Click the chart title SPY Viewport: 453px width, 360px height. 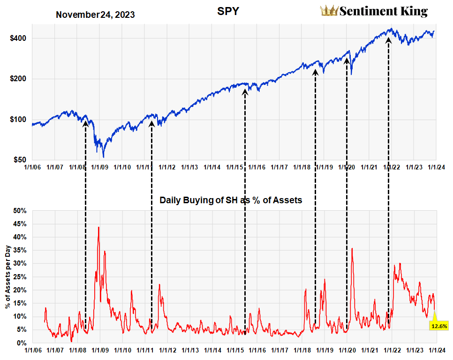click(x=229, y=11)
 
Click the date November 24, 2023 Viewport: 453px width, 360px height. click(x=95, y=15)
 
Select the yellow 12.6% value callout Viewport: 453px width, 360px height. click(x=439, y=325)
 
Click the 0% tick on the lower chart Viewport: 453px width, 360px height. click(x=22, y=343)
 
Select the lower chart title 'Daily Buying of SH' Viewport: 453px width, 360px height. click(x=231, y=200)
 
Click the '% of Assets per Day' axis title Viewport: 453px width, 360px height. click(x=8, y=277)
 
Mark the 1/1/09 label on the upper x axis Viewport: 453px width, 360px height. click(x=100, y=167)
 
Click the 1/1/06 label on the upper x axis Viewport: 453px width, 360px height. click(x=32, y=167)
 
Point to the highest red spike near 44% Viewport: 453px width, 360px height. click(x=98, y=227)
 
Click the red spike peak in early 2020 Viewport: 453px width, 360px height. click(x=352, y=248)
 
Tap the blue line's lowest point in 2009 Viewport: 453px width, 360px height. click(x=103, y=157)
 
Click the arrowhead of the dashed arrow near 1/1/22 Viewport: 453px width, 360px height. click(x=388, y=40)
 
